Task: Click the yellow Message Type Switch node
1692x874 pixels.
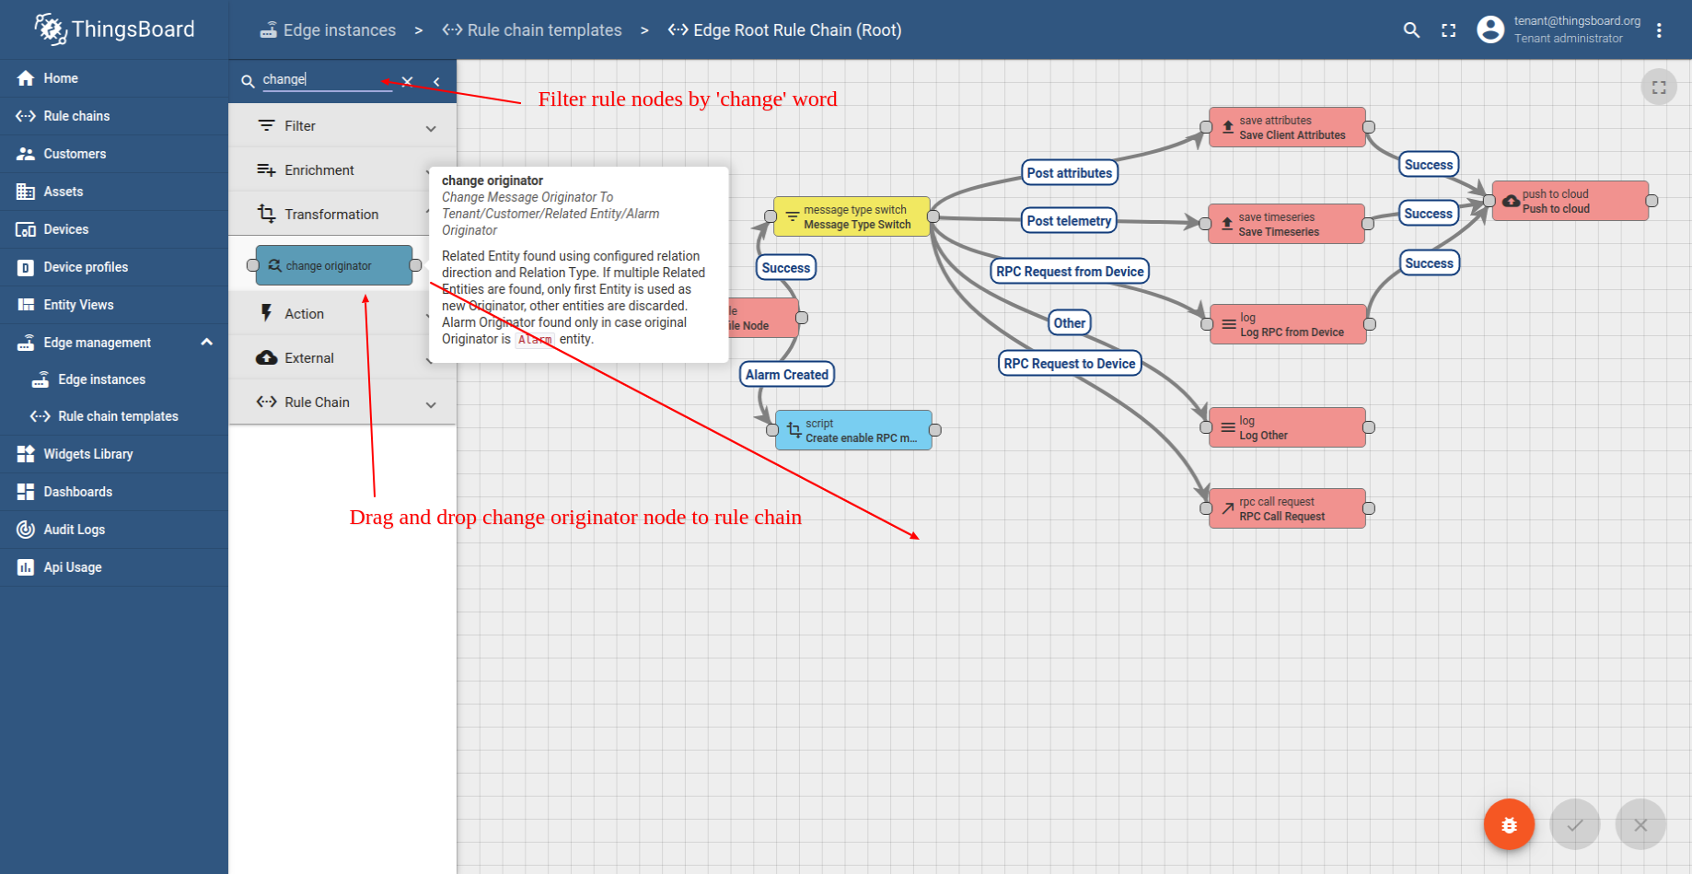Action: click(852, 216)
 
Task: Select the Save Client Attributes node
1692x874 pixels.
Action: click(1287, 127)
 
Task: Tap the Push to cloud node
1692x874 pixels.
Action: click(1570, 201)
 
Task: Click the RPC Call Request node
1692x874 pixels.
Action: click(1287, 508)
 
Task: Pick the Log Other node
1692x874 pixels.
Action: click(1287, 427)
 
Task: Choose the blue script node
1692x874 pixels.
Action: click(853, 430)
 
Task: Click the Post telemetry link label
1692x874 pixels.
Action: click(1069, 221)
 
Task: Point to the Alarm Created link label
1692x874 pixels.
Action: click(787, 375)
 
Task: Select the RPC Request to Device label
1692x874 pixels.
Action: click(1070, 364)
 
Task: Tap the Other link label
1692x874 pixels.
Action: click(1070, 323)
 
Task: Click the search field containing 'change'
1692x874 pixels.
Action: click(327, 80)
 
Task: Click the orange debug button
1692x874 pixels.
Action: click(1509, 824)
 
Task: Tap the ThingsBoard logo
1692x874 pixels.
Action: click(115, 29)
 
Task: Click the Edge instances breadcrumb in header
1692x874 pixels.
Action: click(328, 30)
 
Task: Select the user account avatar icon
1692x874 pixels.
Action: click(1490, 29)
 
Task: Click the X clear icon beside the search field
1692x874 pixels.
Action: click(407, 81)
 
